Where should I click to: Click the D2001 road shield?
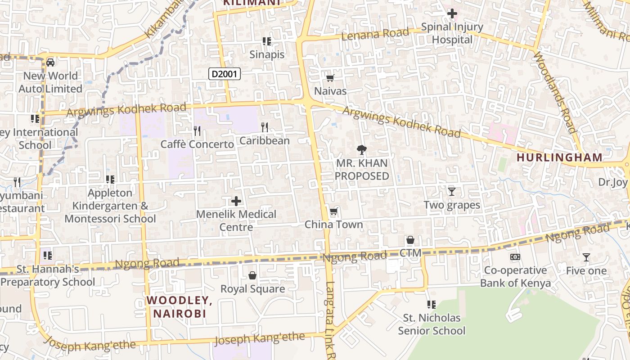[x=225, y=74]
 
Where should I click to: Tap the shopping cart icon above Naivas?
[x=330, y=78]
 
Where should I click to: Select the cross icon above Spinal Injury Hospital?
[x=452, y=14]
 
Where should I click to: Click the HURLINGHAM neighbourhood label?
[x=559, y=157]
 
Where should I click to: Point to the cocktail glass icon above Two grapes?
[x=452, y=192]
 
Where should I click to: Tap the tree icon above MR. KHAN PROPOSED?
[x=361, y=150]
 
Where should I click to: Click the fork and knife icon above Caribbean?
[x=265, y=127]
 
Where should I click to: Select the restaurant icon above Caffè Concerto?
[x=197, y=131]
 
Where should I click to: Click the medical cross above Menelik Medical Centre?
[x=236, y=201]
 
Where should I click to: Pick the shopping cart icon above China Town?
[x=333, y=211]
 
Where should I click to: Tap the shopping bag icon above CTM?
[x=410, y=240]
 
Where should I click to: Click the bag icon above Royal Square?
[x=252, y=275]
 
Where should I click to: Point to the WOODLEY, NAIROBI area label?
[x=179, y=307]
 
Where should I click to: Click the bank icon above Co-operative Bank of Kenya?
[x=515, y=257]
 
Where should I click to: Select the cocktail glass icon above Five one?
[x=586, y=257]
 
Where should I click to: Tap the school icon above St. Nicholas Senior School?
[x=431, y=305]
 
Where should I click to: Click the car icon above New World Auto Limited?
[x=50, y=63]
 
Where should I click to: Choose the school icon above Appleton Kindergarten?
[x=110, y=180]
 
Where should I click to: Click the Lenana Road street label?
[x=375, y=34]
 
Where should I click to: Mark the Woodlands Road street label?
[x=554, y=92]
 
